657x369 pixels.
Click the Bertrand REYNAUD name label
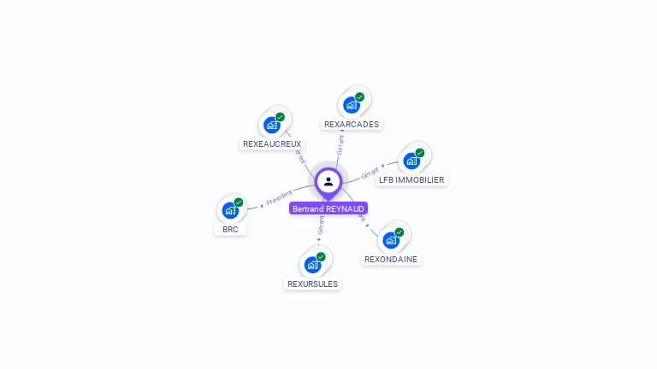pyautogui.click(x=328, y=208)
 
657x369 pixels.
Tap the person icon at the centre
pyautogui.click(x=328, y=181)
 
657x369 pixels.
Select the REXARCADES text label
pyautogui.click(x=352, y=124)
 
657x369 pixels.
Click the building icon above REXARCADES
pyautogui.click(x=351, y=105)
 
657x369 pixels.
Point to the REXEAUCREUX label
pyautogui.click(x=272, y=143)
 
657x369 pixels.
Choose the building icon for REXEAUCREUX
pyautogui.click(x=272, y=125)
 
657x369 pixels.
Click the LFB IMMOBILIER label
pyautogui.click(x=411, y=180)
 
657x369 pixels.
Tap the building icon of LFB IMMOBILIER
pyautogui.click(x=411, y=161)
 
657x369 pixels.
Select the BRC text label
pyautogui.click(x=230, y=229)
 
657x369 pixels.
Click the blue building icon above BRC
pyautogui.click(x=230, y=210)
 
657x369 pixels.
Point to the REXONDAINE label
pyautogui.click(x=391, y=259)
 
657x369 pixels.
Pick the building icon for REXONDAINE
pyautogui.click(x=391, y=240)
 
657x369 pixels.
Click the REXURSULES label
pyautogui.click(x=312, y=284)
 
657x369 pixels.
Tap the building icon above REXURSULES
pyautogui.click(x=312, y=265)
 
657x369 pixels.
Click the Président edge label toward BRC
pyautogui.click(x=279, y=197)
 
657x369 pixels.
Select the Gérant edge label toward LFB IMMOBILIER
pyautogui.click(x=370, y=173)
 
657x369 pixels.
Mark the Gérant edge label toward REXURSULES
pyautogui.click(x=321, y=225)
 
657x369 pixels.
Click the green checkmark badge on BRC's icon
pyautogui.click(x=239, y=202)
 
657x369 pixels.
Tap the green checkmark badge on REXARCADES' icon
pyautogui.click(x=359, y=97)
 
